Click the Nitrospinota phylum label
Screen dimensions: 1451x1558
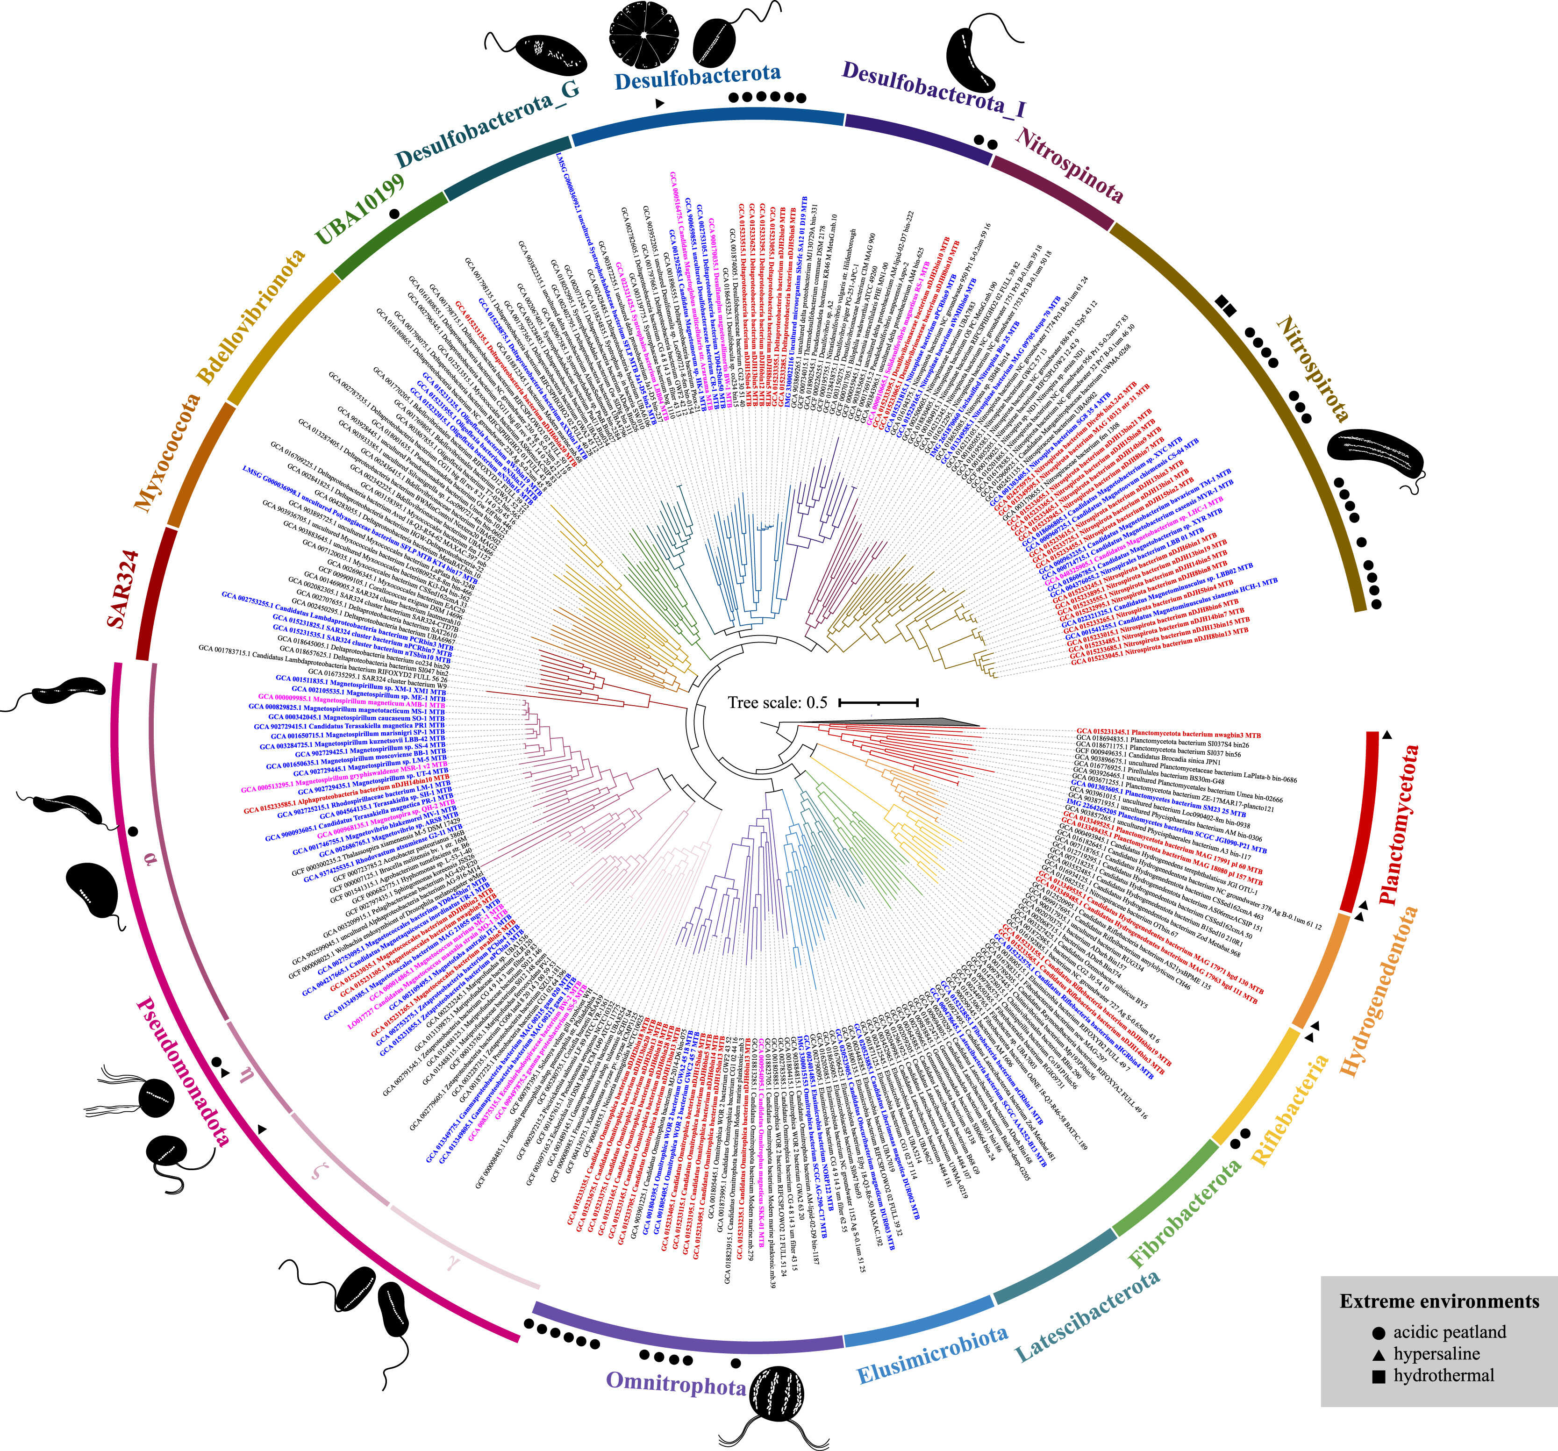tap(1069, 167)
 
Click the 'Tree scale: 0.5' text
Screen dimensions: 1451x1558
tap(778, 702)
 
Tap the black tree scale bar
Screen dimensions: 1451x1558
tap(878, 702)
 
